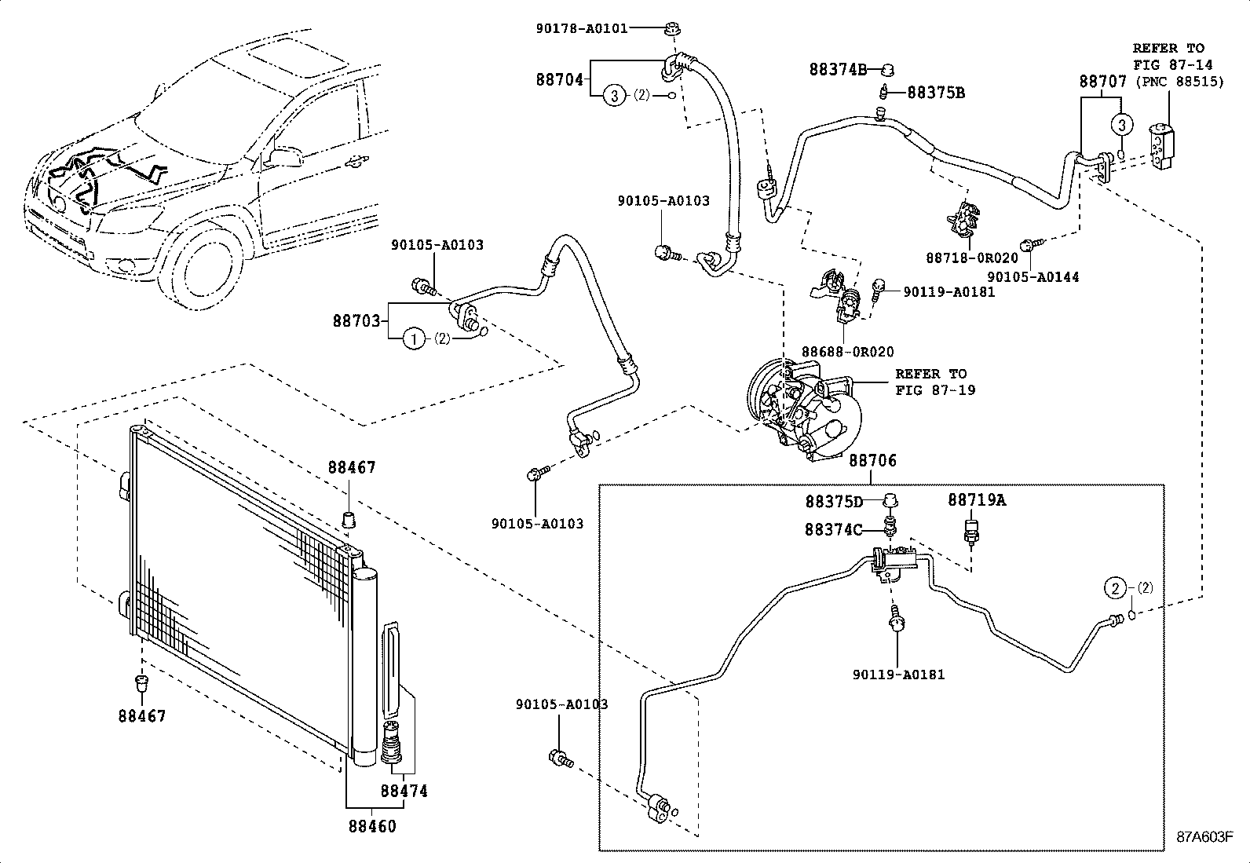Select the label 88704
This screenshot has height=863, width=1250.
pos(560,79)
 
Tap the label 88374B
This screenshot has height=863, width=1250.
pos(838,69)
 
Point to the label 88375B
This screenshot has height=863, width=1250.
pos(936,93)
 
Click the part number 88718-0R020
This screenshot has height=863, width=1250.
pos(971,258)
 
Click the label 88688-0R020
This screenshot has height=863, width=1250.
pos(847,352)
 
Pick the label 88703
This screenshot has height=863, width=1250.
pos(356,320)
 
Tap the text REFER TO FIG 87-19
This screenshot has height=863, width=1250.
pos(934,382)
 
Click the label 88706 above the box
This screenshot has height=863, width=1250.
pos(872,461)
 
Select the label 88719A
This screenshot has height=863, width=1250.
pos(976,500)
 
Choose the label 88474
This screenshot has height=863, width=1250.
pos(404,791)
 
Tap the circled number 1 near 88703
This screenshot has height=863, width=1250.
pos(413,339)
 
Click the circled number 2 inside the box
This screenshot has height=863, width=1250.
pos(1115,587)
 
